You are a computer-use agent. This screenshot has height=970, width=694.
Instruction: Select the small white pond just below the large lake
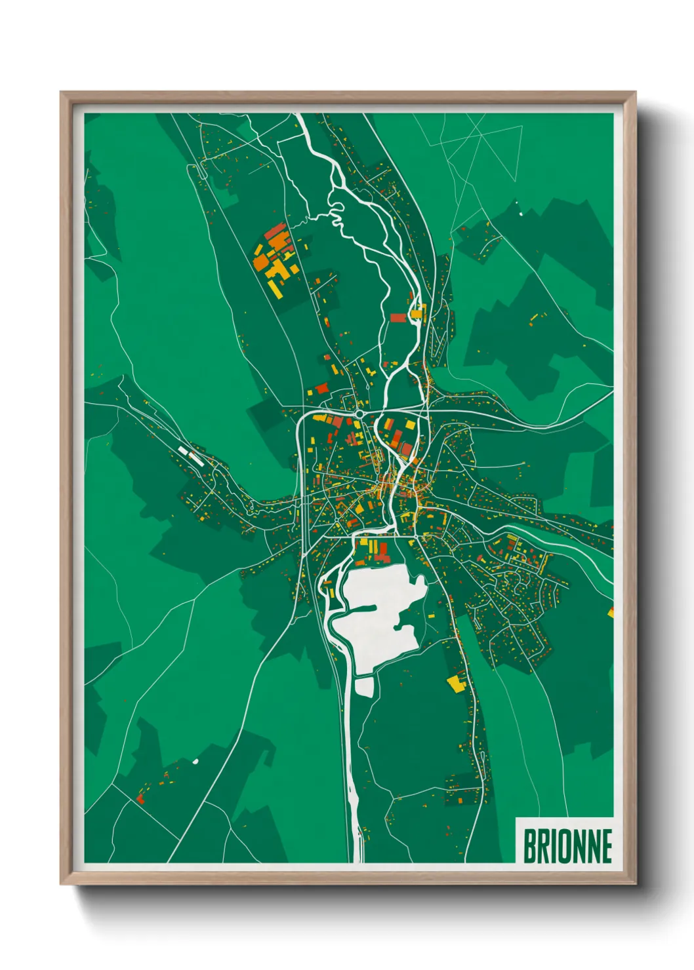[363, 686]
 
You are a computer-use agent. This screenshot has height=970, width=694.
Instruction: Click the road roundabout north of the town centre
[359, 414]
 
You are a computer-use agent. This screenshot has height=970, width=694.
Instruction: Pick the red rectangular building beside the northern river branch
[398, 317]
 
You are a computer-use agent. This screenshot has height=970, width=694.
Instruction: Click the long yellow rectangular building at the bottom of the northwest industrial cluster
[275, 288]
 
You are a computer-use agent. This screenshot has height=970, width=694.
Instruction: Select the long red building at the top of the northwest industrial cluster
[276, 231]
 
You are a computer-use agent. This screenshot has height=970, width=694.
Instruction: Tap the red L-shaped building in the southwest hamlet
[140, 798]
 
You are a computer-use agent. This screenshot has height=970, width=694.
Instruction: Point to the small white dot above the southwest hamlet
[195, 761]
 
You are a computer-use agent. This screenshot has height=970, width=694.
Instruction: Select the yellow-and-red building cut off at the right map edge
[611, 613]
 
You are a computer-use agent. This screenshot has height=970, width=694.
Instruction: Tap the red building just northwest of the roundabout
[321, 389]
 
